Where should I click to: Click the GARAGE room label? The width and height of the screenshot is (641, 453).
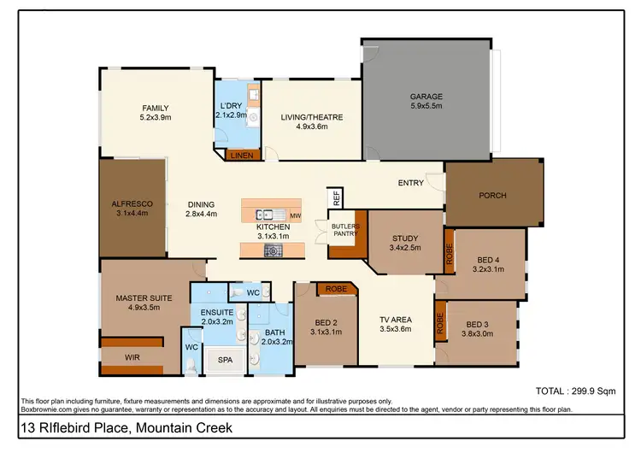426,97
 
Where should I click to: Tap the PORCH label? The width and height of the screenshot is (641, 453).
492,196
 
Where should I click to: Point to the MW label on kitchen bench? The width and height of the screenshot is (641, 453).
295,215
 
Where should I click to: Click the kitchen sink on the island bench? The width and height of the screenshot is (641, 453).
267,215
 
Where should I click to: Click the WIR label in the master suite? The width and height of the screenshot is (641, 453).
132,357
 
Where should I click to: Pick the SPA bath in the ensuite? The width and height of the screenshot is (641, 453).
225,361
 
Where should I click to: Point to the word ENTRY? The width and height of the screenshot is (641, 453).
410,183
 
